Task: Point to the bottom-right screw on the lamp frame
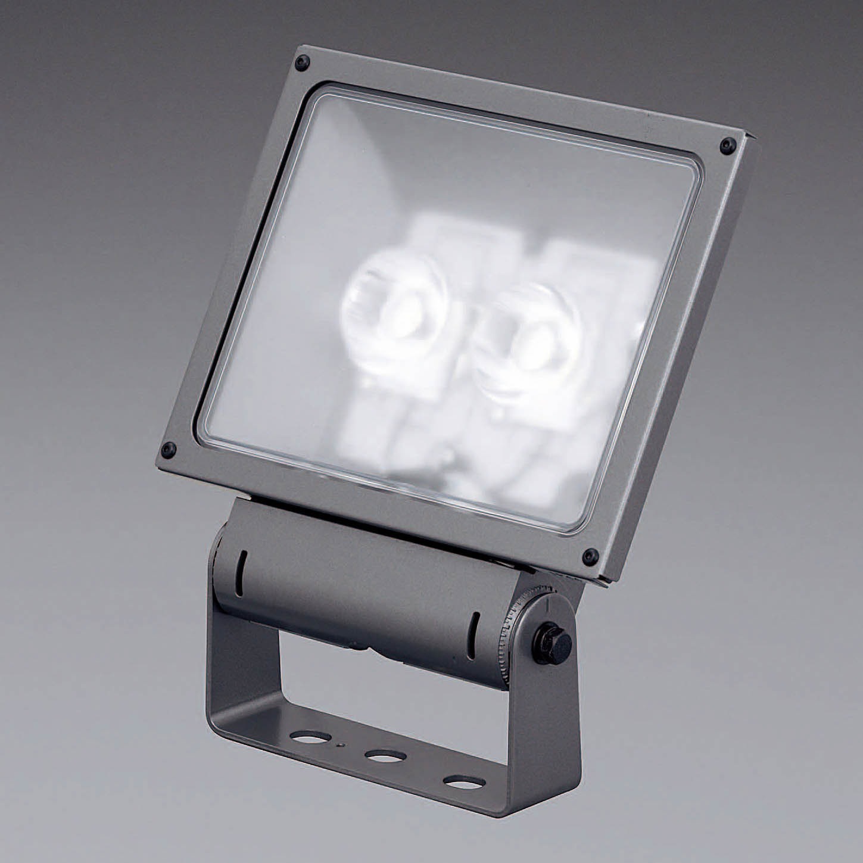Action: [590, 556]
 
